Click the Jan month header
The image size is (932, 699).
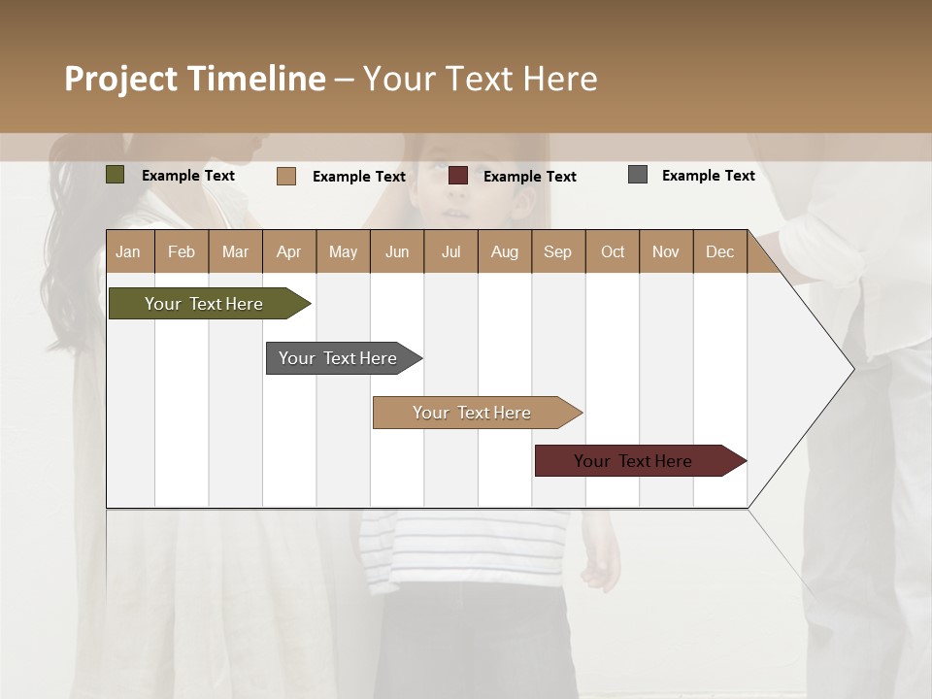click(x=128, y=251)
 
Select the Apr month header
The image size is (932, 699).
click(x=288, y=251)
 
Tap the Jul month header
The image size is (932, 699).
click(x=450, y=251)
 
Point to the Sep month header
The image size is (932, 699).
click(x=557, y=251)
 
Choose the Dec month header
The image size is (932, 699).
click(x=719, y=251)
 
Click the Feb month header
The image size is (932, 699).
click(x=182, y=251)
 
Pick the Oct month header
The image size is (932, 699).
click(x=613, y=251)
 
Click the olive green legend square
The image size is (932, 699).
click(x=116, y=175)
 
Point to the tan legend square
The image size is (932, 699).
click(x=286, y=176)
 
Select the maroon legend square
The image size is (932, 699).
click(x=458, y=176)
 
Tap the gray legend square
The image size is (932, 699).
click(x=638, y=175)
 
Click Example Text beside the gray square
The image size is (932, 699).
click(x=708, y=176)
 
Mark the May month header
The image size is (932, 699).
click(x=343, y=251)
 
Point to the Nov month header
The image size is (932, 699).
click(x=665, y=251)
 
